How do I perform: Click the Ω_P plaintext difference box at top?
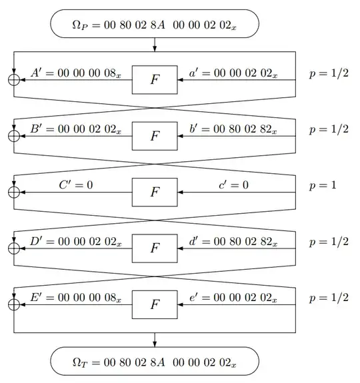155,25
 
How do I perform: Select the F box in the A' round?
155,79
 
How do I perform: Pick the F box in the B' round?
155,136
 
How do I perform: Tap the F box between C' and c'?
155,192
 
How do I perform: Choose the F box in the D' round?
155,248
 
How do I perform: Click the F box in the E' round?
155,304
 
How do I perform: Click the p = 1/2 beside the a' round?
328,72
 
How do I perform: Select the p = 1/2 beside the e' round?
328,297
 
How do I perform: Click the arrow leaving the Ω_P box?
155,45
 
